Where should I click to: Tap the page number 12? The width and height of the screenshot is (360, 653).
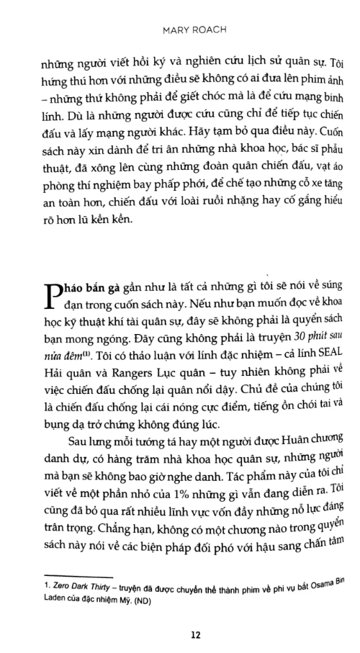195,634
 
